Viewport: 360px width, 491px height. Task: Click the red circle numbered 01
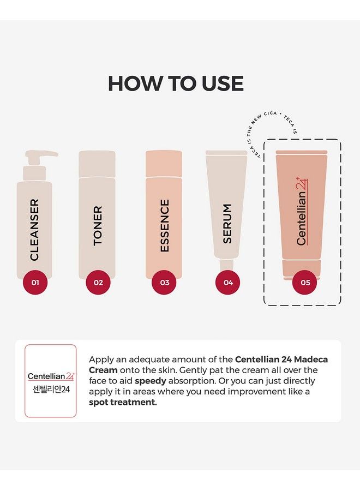click(x=35, y=283)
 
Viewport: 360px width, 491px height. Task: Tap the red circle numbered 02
click(x=98, y=283)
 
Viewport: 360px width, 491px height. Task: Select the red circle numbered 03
click(x=164, y=283)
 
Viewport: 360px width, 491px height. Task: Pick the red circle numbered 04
click(x=228, y=283)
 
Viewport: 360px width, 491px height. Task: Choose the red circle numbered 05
click(x=305, y=283)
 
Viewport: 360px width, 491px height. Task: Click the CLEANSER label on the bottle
click(x=34, y=230)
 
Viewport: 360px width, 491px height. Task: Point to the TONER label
click(x=98, y=225)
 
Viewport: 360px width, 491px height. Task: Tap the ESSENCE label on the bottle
click(x=164, y=225)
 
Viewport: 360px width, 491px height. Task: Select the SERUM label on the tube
click(x=227, y=224)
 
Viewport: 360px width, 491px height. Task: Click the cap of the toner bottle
click(x=97, y=164)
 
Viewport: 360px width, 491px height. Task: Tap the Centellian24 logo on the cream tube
click(x=302, y=211)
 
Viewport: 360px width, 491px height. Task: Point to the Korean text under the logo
click(x=51, y=389)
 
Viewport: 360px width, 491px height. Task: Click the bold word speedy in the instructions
click(x=151, y=381)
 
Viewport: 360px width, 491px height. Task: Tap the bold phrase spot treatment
click(x=123, y=403)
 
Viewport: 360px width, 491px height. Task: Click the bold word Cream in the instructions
click(x=103, y=370)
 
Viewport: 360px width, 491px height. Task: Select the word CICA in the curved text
click(x=270, y=113)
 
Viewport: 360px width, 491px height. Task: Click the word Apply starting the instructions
click(x=101, y=360)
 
